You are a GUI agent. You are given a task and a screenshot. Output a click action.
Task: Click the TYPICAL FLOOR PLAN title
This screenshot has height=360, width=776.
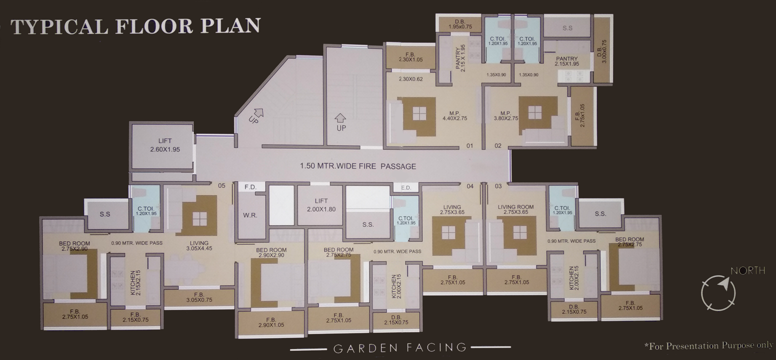pyautogui.click(x=136, y=26)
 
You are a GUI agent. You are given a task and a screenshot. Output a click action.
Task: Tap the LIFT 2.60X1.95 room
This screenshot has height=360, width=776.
pyautogui.click(x=165, y=145)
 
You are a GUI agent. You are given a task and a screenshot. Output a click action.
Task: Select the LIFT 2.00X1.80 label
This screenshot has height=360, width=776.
pyautogui.click(x=321, y=205)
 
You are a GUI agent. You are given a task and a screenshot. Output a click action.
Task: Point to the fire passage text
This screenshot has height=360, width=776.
pyautogui.click(x=358, y=166)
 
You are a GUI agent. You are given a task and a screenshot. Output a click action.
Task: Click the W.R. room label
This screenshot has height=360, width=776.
pyautogui.click(x=250, y=215)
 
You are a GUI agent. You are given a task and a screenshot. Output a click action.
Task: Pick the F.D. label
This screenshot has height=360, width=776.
pyautogui.click(x=250, y=187)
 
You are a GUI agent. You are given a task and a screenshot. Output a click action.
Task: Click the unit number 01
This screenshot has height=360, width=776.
pyautogui.click(x=470, y=146)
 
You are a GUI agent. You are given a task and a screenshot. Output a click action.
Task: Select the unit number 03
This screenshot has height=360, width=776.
pyautogui.click(x=498, y=186)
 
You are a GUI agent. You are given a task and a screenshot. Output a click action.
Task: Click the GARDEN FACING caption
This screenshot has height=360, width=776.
pyautogui.click(x=400, y=348)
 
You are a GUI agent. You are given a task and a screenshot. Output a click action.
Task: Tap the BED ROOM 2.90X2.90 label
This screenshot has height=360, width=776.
pyautogui.click(x=271, y=252)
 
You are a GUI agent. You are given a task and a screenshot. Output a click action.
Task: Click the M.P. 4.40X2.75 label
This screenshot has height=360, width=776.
pyautogui.click(x=455, y=116)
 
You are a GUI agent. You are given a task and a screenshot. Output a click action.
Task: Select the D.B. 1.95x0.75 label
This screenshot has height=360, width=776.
pyautogui.click(x=460, y=24)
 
